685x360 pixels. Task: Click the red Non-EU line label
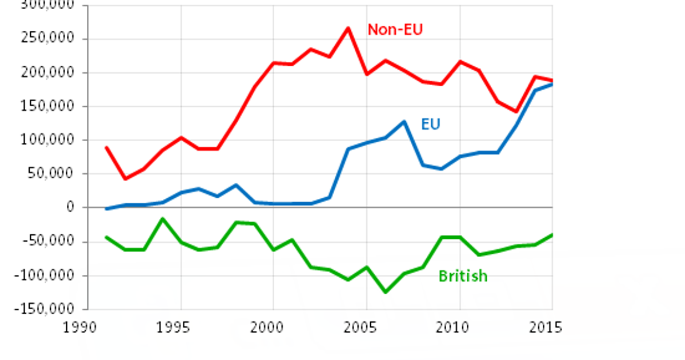click(x=395, y=30)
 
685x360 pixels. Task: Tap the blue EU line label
click(x=431, y=124)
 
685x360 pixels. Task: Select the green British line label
click(x=463, y=277)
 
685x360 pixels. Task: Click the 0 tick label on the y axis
click(x=71, y=207)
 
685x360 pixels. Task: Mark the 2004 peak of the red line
click(x=348, y=27)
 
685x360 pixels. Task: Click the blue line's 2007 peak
click(x=404, y=121)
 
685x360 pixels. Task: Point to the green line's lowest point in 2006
click(x=385, y=292)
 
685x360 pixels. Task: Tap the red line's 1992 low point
click(x=125, y=179)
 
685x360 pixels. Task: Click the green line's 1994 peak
click(x=162, y=218)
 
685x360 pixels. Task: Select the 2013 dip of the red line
click(x=515, y=111)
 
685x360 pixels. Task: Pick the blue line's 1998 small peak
click(x=237, y=185)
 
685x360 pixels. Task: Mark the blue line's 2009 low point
click(x=441, y=169)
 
